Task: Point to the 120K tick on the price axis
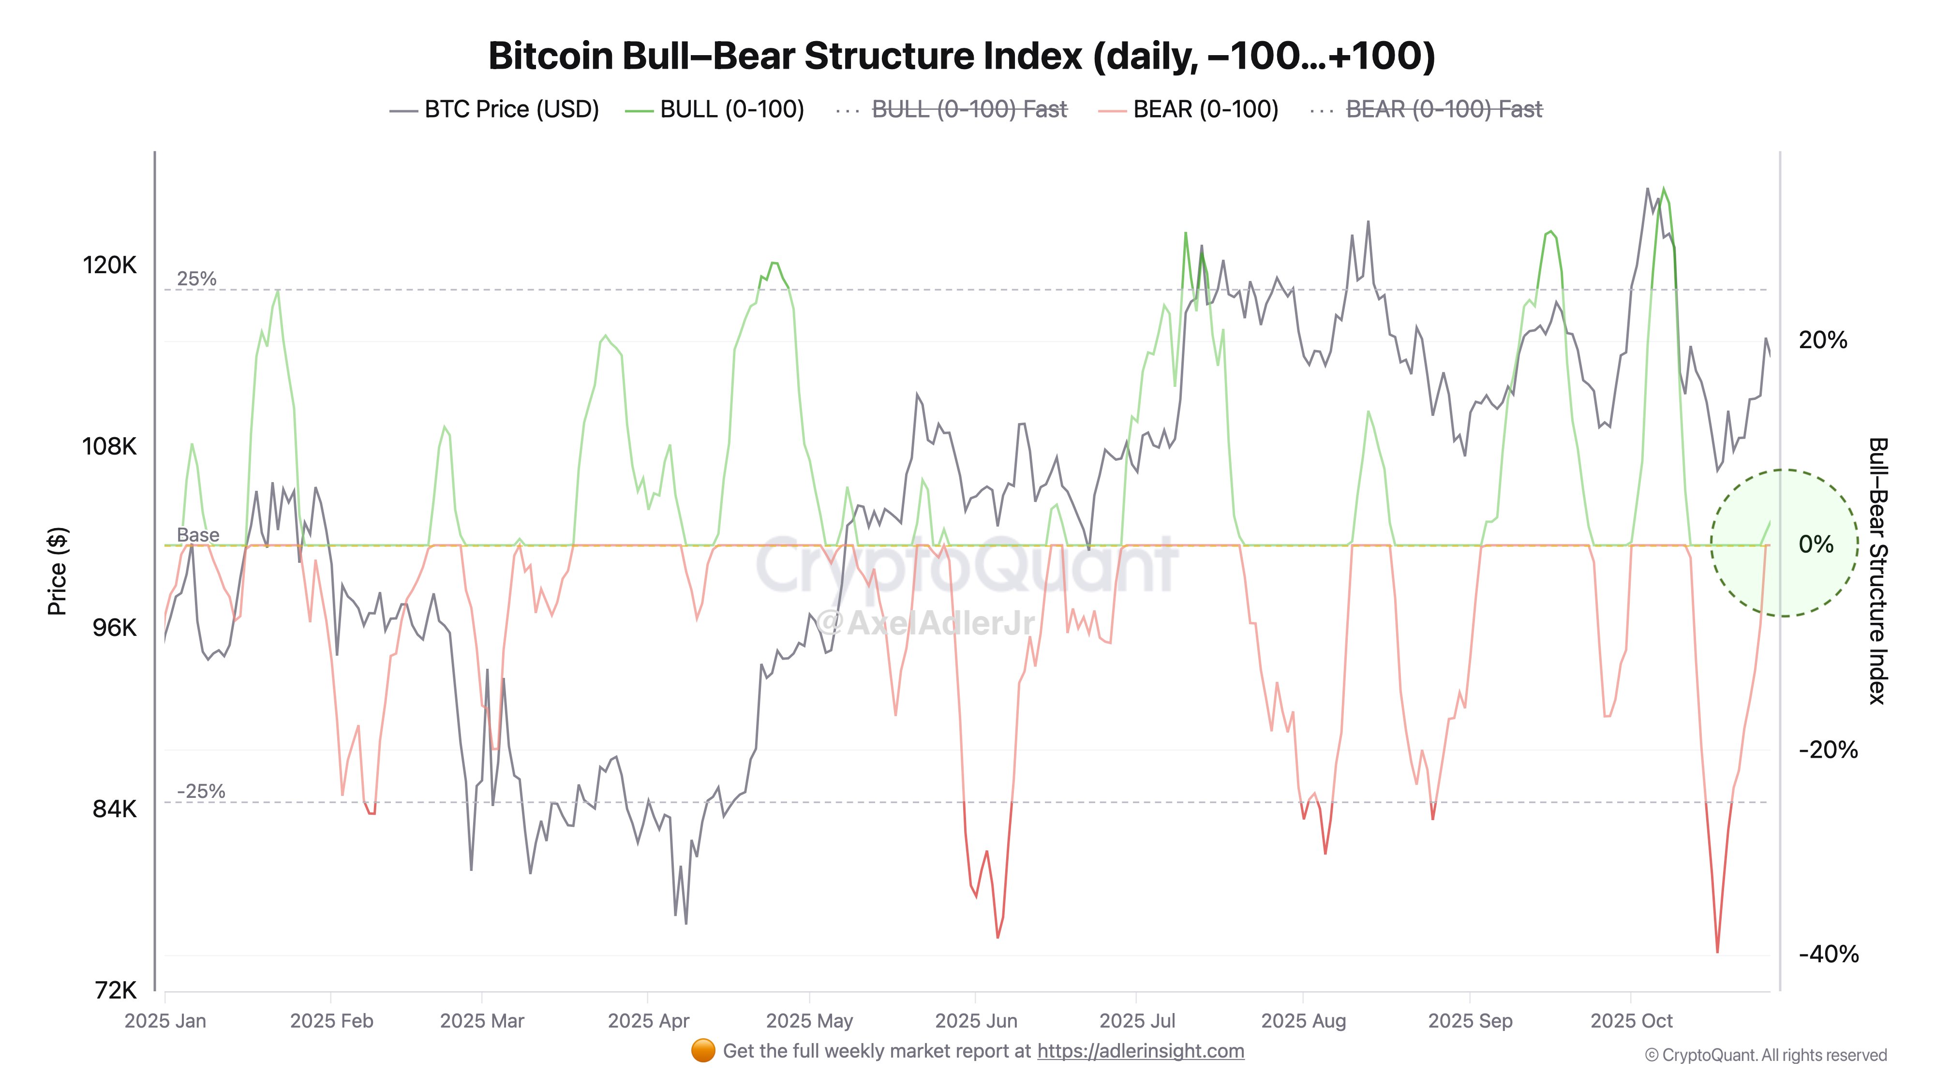[x=110, y=265]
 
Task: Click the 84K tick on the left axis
[x=114, y=809]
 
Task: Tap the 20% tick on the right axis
[x=1822, y=340]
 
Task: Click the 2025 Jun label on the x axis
[x=976, y=1021]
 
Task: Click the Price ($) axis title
[x=57, y=571]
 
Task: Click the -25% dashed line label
[x=201, y=792]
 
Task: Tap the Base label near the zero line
[x=197, y=535]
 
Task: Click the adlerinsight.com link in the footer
[x=1140, y=1051]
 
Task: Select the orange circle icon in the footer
[x=702, y=1051]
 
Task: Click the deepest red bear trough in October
[x=1717, y=951]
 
